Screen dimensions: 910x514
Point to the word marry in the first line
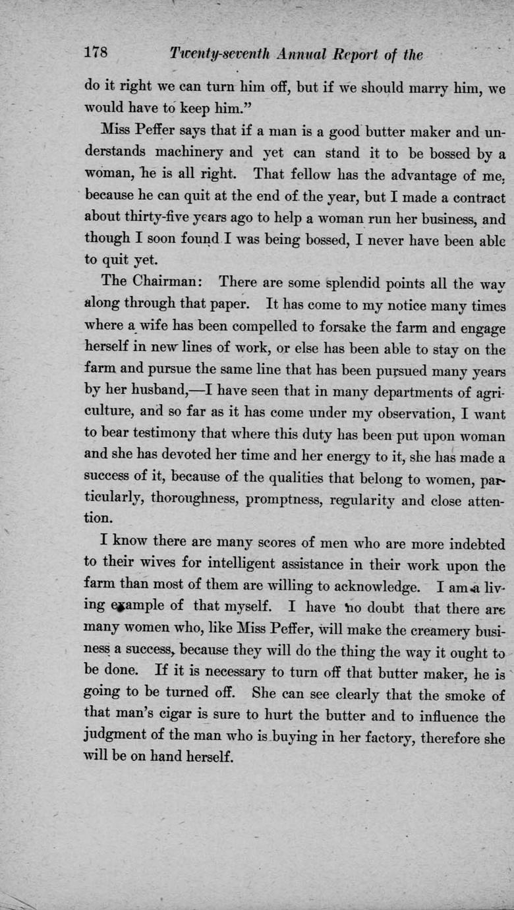click(x=432, y=88)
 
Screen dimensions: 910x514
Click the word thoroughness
click(x=185, y=501)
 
